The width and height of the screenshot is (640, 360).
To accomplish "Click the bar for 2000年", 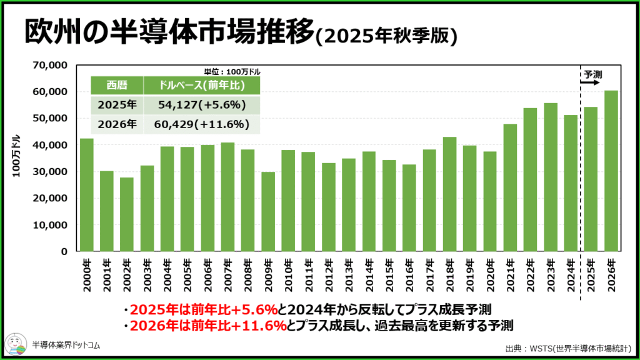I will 87,195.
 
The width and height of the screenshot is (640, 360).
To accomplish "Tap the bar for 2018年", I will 449,194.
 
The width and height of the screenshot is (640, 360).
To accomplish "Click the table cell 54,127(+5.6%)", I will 201,104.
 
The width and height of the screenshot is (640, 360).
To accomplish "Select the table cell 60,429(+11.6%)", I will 201,124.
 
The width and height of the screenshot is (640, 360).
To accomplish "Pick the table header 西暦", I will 117,85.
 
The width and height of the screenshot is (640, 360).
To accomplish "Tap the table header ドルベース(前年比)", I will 201,85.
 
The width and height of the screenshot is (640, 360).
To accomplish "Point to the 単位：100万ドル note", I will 232,72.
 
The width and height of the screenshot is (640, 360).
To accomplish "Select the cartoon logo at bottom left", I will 16,343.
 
